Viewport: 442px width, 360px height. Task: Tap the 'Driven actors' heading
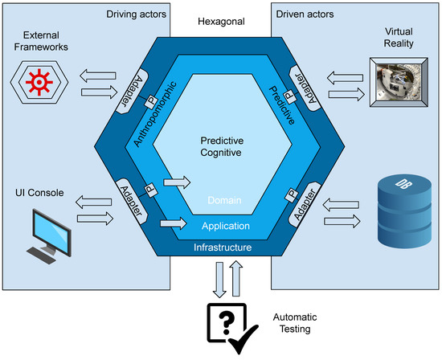[x=307, y=14]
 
